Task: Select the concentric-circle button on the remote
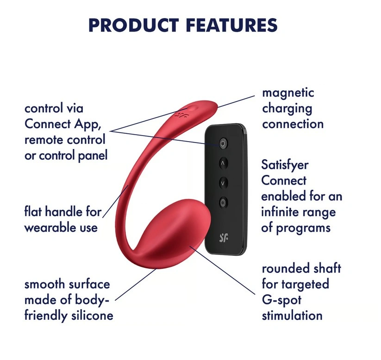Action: (x=223, y=201)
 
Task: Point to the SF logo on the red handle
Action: (x=181, y=114)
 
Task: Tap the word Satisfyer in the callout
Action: (x=285, y=165)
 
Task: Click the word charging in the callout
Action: (x=287, y=108)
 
